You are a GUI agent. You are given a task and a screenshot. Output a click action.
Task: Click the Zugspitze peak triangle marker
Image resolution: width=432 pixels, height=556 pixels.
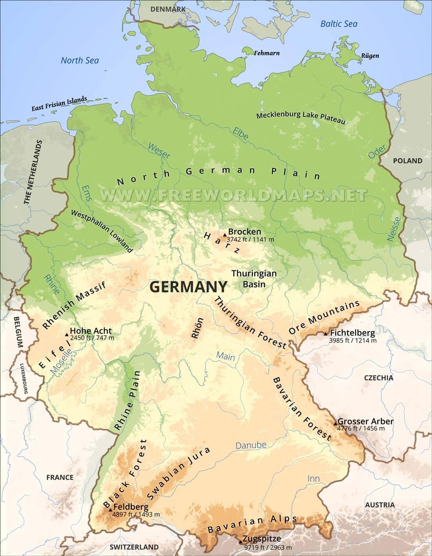tap(240, 541)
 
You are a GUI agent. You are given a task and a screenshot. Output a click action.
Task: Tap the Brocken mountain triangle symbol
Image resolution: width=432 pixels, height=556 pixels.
tap(225, 235)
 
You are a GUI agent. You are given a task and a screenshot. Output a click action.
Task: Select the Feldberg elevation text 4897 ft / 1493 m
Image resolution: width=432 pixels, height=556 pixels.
tap(136, 514)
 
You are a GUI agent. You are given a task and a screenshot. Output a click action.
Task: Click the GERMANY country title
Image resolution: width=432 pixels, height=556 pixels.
tap(189, 287)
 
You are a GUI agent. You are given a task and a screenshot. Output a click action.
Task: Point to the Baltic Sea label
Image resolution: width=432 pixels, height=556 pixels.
tap(339, 24)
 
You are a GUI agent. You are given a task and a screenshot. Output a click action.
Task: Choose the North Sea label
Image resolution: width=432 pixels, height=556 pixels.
tap(80, 60)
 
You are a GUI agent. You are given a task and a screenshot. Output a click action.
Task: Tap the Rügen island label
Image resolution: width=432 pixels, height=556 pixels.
tap(370, 56)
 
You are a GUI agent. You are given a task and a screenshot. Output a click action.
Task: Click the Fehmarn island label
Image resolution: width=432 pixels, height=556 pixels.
tap(267, 53)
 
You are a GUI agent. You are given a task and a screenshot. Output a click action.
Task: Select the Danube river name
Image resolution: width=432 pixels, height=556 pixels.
tap(251, 445)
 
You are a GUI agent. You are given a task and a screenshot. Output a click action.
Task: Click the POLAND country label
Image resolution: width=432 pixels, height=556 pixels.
tap(407, 160)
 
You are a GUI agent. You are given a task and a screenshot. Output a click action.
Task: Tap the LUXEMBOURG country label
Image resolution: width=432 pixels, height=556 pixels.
tap(24, 379)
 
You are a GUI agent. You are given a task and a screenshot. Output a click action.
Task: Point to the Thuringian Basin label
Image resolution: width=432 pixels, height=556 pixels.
tap(254, 279)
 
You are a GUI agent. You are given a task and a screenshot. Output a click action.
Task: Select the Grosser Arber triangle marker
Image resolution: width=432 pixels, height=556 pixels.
tap(335, 423)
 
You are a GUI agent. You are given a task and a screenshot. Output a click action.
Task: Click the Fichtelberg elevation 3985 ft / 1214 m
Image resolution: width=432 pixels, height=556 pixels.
tap(353, 341)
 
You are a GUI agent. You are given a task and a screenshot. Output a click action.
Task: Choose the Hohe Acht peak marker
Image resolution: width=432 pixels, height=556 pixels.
tap(66, 335)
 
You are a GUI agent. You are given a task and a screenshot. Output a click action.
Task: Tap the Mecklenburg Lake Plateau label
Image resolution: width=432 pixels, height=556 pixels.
tap(300, 117)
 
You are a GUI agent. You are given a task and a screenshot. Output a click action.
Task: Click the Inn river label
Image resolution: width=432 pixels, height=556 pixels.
tap(313, 478)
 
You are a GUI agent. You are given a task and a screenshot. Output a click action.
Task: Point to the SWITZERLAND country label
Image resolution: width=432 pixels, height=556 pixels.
tap(134, 547)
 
